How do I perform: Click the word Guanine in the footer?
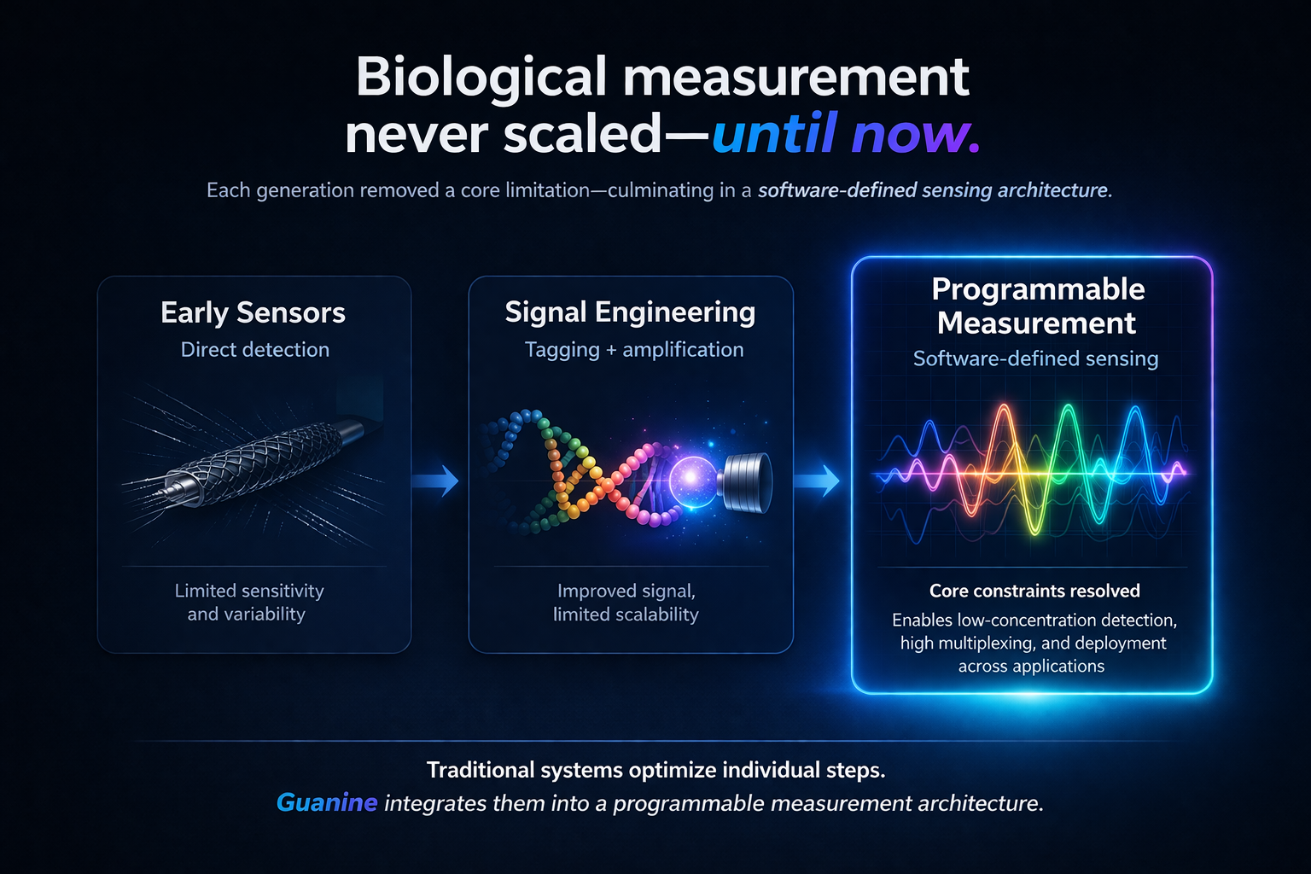pyautogui.click(x=327, y=803)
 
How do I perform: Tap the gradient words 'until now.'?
pyautogui.click(x=845, y=135)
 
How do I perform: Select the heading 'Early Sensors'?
pyautogui.click(x=253, y=313)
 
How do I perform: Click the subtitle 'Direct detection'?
pyautogui.click(x=254, y=349)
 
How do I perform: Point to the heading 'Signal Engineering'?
pyautogui.click(x=630, y=312)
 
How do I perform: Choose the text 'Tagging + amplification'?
pyautogui.click(x=633, y=349)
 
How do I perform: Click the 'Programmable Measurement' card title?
pyautogui.click(x=1037, y=306)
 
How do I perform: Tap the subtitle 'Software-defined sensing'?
pyautogui.click(x=1035, y=358)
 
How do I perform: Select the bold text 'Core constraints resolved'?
pyautogui.click(x=1034, y=591)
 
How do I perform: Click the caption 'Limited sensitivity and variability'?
pyautogui.click(x=248, y=603)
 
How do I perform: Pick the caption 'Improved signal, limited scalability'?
pyautogui.click(x=626, y=603)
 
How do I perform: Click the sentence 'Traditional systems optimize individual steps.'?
pyautogui.click(x=655, y=770)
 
